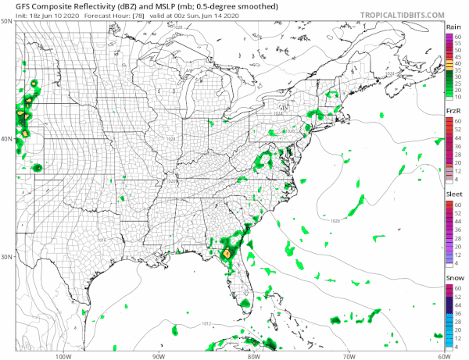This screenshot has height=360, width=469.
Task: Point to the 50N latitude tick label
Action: (x=6, y=22)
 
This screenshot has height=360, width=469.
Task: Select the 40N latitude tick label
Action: (x=6, y=139)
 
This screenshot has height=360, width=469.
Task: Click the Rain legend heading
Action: (x=453, y=27)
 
